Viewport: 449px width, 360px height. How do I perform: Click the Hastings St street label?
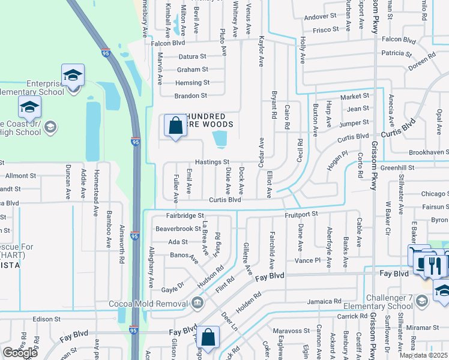pos(211,162)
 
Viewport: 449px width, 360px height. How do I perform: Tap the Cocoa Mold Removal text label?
pos(148,303)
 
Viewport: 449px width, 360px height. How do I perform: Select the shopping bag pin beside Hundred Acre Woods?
pos(175,127)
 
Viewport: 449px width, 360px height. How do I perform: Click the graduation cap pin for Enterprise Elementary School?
pos(73,76)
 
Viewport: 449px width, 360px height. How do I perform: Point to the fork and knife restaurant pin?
pos(436,265)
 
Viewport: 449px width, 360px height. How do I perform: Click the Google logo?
pos(20,353)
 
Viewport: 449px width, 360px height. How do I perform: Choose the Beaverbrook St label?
pos(178,229)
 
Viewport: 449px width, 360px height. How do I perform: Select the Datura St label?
pos(192,56)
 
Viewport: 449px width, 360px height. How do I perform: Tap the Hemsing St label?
pos(192,83)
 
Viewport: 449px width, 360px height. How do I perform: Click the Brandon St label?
pos(191,95)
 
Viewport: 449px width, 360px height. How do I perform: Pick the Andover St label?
pos(321,17)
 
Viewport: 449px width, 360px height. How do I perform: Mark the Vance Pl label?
pos(308,260)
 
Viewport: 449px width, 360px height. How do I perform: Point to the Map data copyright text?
pos(424,355)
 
